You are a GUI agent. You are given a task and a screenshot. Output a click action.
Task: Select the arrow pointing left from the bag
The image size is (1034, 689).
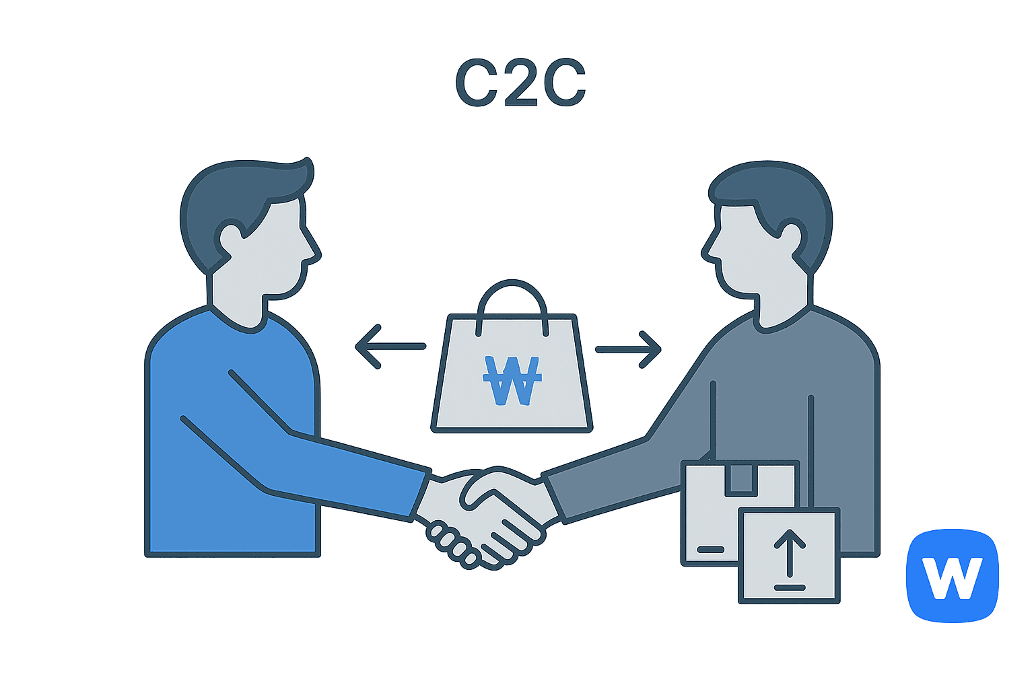point(390,347)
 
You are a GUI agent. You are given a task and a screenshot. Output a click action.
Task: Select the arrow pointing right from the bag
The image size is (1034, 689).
point(628,350)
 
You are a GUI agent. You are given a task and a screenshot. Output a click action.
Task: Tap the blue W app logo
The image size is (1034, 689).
point(953,575)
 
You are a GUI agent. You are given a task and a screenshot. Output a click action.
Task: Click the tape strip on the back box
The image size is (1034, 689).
point(741,480)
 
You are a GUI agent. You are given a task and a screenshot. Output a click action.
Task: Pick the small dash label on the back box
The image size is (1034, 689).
point(710,549)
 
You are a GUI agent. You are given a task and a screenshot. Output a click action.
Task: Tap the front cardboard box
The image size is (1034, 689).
point(790,555)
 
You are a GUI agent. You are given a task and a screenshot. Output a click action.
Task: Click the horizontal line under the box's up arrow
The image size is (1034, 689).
point(790,587)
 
